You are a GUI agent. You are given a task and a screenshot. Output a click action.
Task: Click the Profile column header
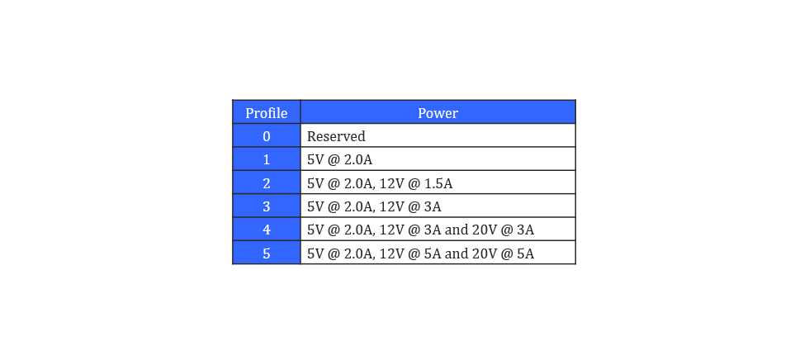266,112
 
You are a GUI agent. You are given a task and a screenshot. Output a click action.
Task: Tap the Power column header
438,112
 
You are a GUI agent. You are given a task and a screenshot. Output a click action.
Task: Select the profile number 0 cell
266,135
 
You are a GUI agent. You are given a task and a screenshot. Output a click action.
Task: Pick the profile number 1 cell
266,159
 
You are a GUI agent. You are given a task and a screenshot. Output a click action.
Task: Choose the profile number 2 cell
266,182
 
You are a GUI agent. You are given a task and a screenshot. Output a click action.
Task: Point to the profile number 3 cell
266,206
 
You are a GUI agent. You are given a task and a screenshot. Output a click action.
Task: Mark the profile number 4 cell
266,229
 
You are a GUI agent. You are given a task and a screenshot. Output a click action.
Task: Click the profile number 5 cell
266,253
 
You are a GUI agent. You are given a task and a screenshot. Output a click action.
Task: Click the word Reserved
337,136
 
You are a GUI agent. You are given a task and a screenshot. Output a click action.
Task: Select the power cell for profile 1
438,159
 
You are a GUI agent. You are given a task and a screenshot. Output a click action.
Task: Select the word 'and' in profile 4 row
456,230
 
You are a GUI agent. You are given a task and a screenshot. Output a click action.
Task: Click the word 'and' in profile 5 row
456,253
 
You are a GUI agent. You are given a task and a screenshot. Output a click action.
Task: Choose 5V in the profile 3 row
315,206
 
